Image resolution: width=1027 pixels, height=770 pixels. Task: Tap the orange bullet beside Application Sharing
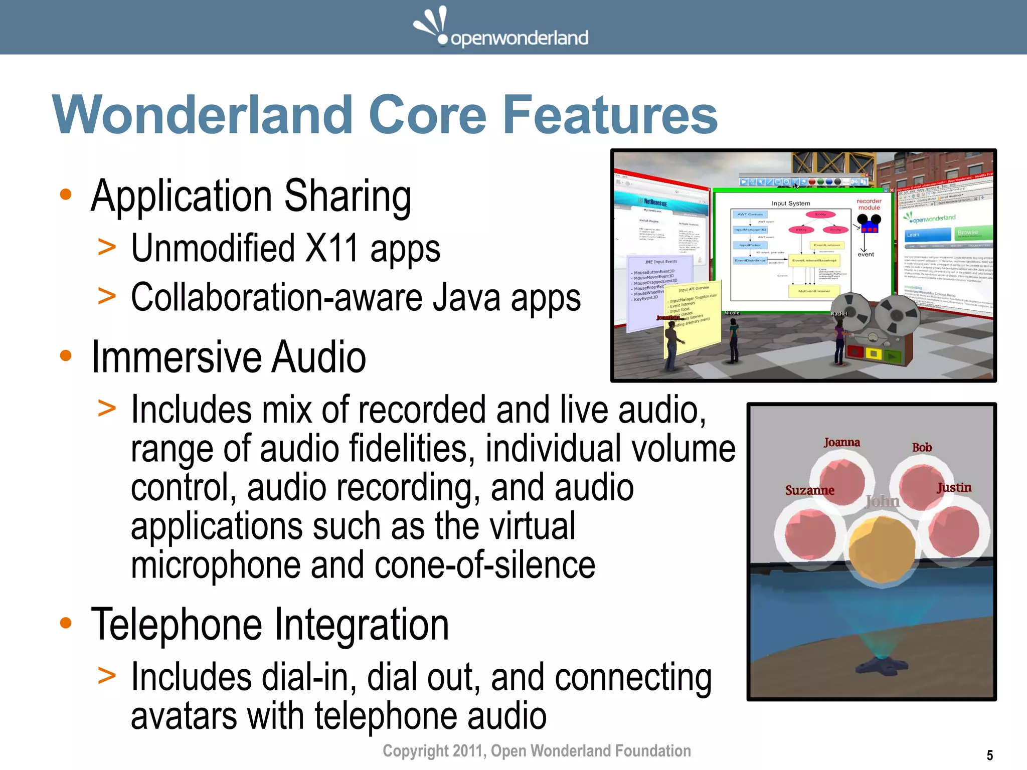(x=66, y=195)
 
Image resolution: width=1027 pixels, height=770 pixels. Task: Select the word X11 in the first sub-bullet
(x=331, y=248)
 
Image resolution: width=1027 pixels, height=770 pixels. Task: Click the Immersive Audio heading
(x=228, y=357)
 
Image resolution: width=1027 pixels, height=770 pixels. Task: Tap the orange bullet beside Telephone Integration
(x=66, y=623)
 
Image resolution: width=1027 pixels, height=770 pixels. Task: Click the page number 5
(x=989, y=755)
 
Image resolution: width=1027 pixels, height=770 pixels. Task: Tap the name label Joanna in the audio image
(x=841, y=442)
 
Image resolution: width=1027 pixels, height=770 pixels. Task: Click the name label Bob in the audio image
(x=922, y=447)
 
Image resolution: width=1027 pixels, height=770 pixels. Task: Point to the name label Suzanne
(x=809, y=490)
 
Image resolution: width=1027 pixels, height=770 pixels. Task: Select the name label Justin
(x=954, y=487)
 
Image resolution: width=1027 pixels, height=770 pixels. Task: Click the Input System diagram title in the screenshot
(x=791, y=203)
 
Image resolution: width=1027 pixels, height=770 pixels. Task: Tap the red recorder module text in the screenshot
(x=869, y=204)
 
